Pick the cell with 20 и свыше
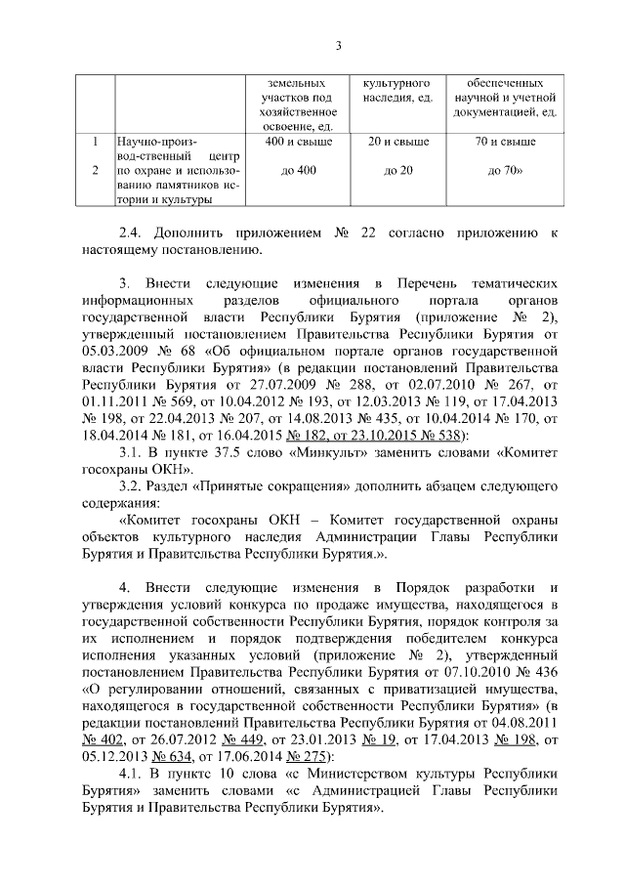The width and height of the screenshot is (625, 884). [x=396, y=142]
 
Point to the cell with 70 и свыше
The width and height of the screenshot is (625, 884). [x=505, y=142]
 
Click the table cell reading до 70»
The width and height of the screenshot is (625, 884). [x=505, y=170]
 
